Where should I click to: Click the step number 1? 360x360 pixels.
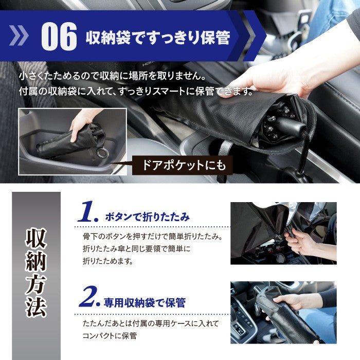[89, 213]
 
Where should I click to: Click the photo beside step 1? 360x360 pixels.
[283, 233]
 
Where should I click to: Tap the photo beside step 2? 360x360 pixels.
[283, 312]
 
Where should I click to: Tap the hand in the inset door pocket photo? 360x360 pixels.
[82, 123]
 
